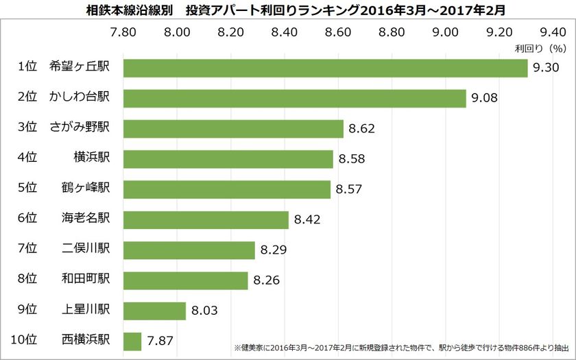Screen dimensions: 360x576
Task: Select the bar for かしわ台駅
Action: [294, 98]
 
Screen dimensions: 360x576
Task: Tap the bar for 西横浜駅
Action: [132, 341]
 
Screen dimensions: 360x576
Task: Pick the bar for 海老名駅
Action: [205, 219]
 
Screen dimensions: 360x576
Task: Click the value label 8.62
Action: [362, 129]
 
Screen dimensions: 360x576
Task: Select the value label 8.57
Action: [349, 189]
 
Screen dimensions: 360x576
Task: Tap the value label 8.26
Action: [267, 280]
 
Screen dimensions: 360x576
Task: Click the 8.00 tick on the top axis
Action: [177, 31]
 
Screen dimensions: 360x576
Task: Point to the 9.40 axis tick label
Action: [552, 31]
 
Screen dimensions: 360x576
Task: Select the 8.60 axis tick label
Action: [337, 31]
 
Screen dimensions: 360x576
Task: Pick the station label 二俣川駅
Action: [89, 250]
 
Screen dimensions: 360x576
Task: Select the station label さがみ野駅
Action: [84, 128]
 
